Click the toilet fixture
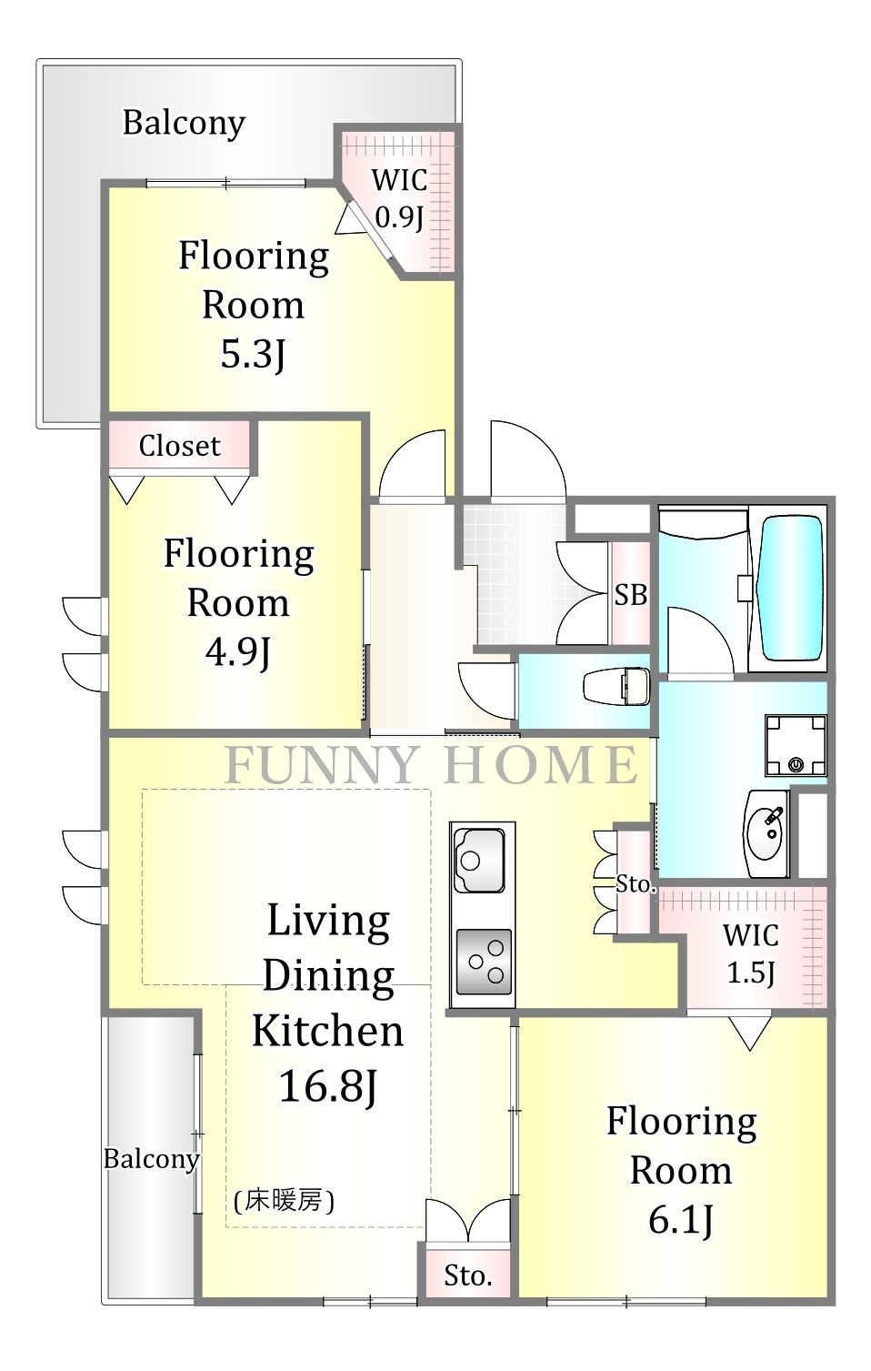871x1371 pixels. [616, 688]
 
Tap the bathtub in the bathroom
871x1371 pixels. [790, 588]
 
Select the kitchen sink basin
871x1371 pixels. [480, 860]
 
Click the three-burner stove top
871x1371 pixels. [484, 963]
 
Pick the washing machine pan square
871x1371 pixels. [796, 745]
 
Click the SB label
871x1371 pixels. [631, 594]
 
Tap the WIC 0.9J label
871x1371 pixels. [399, 198]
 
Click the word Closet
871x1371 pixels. [179, 446]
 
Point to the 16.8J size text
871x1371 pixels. [328, 1085]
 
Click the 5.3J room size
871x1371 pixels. [254, 353]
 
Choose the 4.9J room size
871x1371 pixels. [238, 651]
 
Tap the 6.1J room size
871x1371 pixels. [681, 1220]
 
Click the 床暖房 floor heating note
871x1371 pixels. [284, 1202]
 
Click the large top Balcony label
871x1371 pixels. [184, 123]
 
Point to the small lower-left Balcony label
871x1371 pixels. [151, 1159]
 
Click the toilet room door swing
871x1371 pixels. [487, 691]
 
